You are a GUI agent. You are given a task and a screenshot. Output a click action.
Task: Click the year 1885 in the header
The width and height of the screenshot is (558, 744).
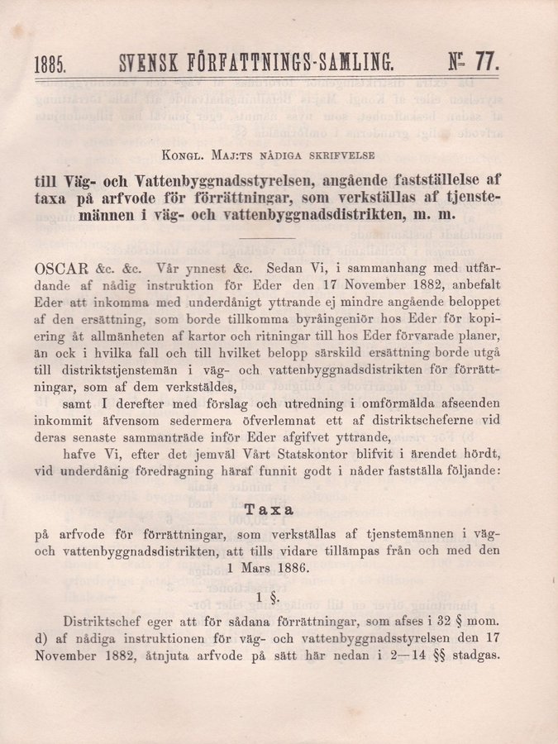(51, 63)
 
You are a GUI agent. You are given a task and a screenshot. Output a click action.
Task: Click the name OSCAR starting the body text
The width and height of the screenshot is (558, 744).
(61, 269)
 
